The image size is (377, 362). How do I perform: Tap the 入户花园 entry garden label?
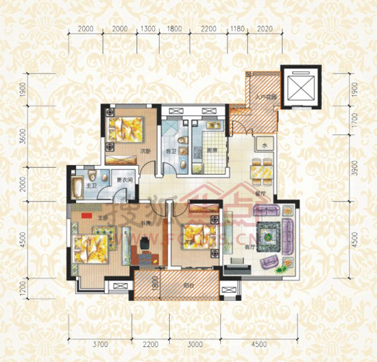[267, 99]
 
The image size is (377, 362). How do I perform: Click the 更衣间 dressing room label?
[123, 180]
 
